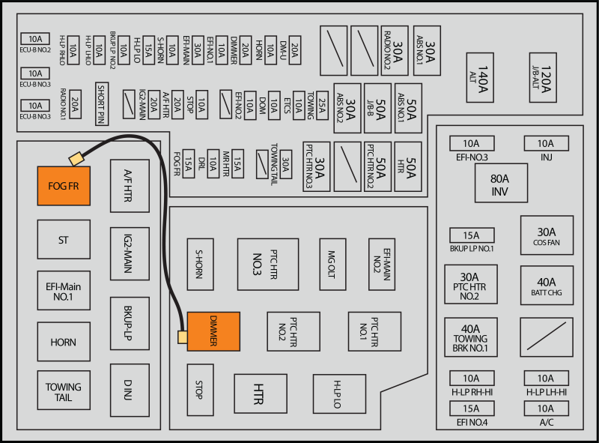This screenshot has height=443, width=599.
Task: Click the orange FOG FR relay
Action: click(x=64, y=186)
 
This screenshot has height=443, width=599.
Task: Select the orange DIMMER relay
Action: click(x=213, y=331)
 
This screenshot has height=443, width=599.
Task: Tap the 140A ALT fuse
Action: click(x=480, y=78)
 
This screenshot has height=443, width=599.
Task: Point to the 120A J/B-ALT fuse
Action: click(x=543, y=78)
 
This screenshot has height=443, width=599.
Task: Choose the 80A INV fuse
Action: click(x=501, y=183)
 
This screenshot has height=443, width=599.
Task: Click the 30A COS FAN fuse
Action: click(x=547, y=235)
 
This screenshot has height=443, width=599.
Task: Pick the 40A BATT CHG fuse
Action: click(x=547, y=286)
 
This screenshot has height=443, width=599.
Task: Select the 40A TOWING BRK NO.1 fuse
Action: click(x=471, y=337)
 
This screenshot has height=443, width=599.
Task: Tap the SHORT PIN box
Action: click(x=102, y=103)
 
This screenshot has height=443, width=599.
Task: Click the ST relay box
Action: click(x=64, y=239)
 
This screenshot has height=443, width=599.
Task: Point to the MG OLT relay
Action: click(x=332, y=265)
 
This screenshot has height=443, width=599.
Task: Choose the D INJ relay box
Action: click(x=130, y=391)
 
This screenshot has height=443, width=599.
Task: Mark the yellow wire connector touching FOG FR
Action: click(x=76, y=159)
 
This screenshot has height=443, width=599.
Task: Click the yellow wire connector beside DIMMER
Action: click(x=183, y=337)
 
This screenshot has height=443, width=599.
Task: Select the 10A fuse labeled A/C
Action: click(x=547, y=409)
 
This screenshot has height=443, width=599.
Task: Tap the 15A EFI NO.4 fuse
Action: click(x=472, y=409)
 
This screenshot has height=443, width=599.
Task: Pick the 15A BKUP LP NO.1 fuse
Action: click(x=472, y=235)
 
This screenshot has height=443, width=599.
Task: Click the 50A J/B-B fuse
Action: click(x=377, y=108)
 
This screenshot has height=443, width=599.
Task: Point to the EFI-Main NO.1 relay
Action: click(x=64, y=291)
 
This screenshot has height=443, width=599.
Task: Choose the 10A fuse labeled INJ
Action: click(x=547, y=143)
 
